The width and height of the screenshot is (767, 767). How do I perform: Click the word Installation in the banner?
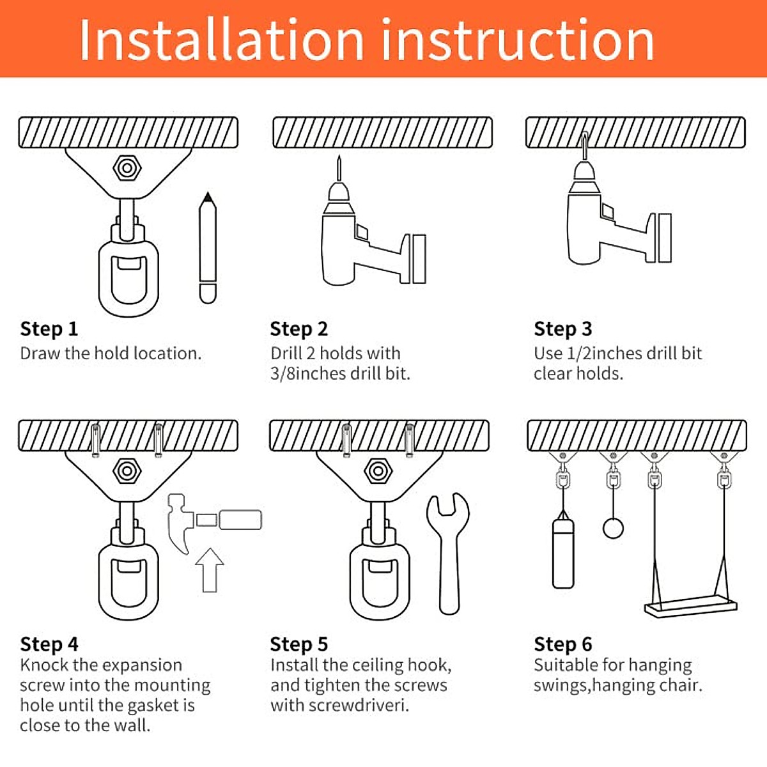pos(222,40)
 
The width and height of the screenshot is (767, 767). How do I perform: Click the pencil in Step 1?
pos(208,247)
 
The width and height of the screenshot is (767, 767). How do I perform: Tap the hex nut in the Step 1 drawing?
pos(127,168)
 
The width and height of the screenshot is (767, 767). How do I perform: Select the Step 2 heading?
pos(299,329)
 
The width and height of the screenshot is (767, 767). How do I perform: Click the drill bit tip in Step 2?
pos(339,157)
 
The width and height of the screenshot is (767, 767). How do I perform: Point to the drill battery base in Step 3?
pos(665,238)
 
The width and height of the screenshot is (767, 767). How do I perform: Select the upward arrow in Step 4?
pos(210,570)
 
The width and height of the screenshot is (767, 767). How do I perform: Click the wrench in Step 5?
pos(449,553)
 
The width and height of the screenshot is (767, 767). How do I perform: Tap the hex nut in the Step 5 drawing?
pos(378,471)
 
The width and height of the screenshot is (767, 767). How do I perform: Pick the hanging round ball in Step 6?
pos(613,528)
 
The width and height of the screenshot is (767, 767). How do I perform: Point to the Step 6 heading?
pos(563,644)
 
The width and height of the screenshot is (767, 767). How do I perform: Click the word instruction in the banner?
pos(518,40)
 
